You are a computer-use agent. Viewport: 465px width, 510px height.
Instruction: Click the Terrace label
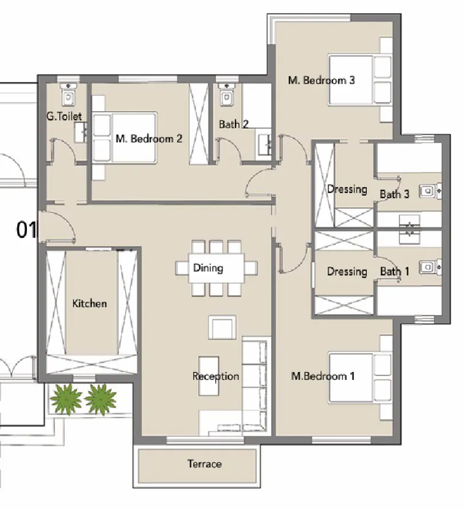(x=204, y=464)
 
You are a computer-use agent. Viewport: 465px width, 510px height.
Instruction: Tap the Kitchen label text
(x=89, y=303)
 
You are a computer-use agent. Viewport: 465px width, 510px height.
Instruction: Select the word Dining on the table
(x=208, y=268)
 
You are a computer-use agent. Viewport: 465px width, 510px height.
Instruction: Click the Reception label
(x=215, y=376)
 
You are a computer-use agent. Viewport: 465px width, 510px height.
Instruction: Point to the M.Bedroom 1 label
(x=323, y=376)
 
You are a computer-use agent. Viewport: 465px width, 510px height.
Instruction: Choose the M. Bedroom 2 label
(x=149, y=138)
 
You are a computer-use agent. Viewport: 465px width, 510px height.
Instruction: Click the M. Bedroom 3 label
(x=321, y=80)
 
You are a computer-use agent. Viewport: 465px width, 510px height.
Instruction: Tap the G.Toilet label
(x=64, y=116)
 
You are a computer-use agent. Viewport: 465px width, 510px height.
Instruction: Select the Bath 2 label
(x=234, y=124)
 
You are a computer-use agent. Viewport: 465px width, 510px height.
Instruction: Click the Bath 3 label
(x=394, y=195)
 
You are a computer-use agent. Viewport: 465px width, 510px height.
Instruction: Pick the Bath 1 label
(x=394, y=272)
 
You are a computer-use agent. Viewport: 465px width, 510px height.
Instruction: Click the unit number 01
(x=26, y=230)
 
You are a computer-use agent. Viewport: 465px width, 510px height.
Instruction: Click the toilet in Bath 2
(x=226, y=95)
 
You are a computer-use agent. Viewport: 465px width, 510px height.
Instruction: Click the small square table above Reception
(x=221, y=328)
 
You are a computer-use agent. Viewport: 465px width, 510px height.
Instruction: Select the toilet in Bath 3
(x=427, y=191)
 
